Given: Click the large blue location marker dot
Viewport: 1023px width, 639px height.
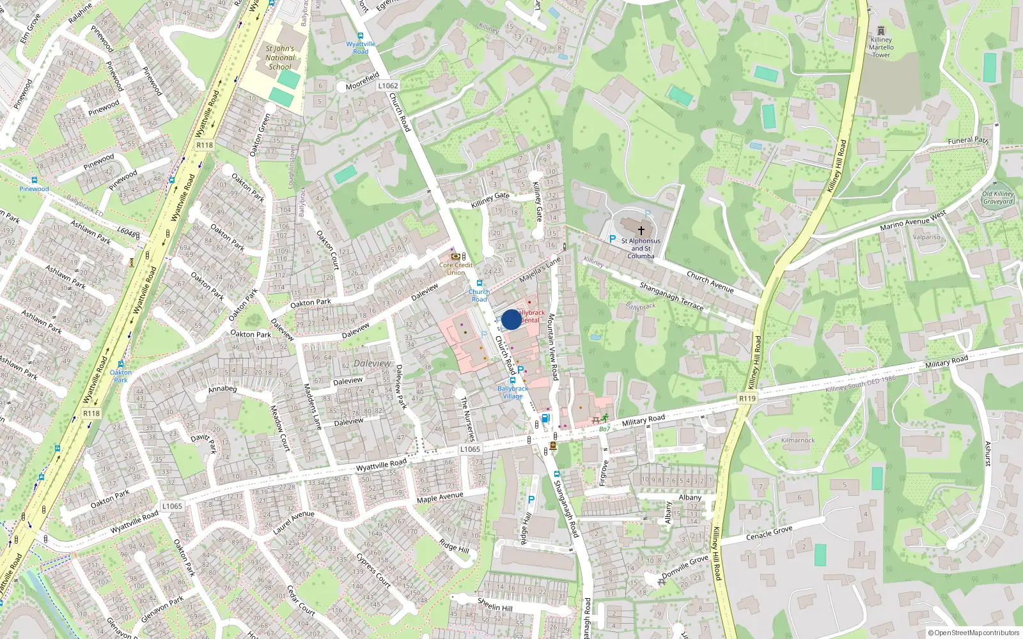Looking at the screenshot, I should [511, 319].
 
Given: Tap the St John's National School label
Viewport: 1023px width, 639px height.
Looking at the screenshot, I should [280, 58].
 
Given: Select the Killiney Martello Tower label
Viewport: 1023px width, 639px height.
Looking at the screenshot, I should [881, 47].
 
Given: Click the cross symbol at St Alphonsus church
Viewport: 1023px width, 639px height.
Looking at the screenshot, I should [641, 230].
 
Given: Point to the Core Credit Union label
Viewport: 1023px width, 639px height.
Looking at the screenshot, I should [456, 268].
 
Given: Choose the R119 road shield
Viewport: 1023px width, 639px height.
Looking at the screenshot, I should [747, 398].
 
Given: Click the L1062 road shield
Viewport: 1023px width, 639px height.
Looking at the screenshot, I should [387, 86].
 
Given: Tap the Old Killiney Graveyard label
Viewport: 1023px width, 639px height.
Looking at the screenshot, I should [998, 197].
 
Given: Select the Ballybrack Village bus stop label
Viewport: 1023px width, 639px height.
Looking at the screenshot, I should [513, 392].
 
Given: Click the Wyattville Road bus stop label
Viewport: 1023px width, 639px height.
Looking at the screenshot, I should [361, 48].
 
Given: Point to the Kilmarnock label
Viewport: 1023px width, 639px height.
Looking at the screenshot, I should [798, 440].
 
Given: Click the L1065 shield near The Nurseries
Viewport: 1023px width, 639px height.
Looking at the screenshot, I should [470, 449].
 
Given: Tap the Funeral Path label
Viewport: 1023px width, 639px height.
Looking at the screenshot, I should [967, 140].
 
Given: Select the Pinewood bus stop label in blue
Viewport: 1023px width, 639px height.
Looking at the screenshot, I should [34, 189].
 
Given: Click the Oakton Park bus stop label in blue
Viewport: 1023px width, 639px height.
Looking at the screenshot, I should [121, 376].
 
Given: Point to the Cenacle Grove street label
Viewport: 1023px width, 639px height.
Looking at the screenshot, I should [769, 533].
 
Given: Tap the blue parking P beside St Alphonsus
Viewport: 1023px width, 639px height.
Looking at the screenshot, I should [612, 239].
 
